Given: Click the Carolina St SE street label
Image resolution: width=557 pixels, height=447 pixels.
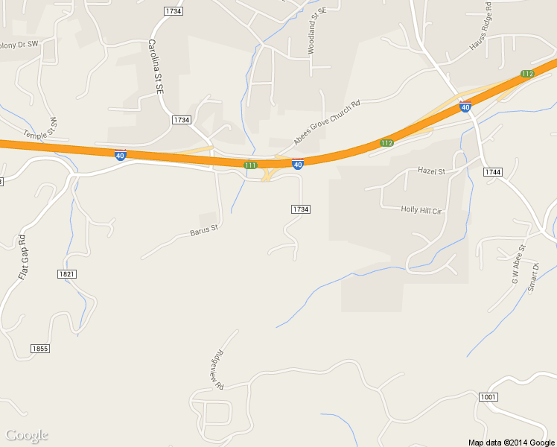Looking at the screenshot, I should [156, 66].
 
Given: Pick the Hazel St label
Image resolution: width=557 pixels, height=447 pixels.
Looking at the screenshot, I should [430, 171].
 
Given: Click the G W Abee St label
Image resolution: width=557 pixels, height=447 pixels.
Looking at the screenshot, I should [518, 264].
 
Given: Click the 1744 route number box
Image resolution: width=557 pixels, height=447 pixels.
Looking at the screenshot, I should [493, 172].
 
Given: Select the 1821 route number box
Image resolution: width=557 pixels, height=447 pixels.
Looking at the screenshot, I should [66, 274].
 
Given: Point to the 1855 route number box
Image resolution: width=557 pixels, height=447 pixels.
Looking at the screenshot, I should [40, 349].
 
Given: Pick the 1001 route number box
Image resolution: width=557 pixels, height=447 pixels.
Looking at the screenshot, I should [488, 396].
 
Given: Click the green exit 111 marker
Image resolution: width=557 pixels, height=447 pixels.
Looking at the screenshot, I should [250, 165].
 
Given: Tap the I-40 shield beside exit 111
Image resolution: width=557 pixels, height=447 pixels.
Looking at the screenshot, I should [297, 164].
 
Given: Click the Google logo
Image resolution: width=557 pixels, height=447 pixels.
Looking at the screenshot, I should [27, 435].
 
